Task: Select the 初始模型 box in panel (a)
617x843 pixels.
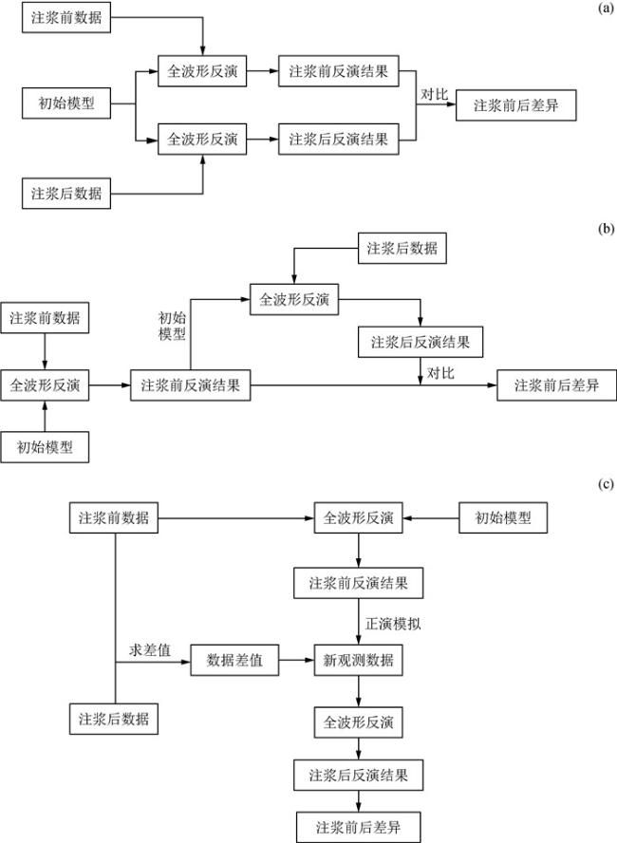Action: pyautogui.click(x=66, y=103)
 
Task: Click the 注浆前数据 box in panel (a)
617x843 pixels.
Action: pyautogui.click(x=66, y=19)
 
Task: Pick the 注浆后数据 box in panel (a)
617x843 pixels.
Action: pyautogui.click(x=66, y=195)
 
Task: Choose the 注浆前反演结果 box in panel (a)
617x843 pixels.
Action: pyautogui.click(x=340, y=71)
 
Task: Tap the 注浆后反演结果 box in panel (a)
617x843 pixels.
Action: pyautogui.click(x=340, y=140)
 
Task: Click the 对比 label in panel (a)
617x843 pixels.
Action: pyautogui.click(x=435, y=94)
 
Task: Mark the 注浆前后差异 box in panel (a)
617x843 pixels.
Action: pyautogui.click(x=515, y=104)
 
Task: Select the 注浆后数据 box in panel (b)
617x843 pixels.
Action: pyautogui.click(x=402, y=249)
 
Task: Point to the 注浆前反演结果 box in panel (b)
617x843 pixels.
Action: pyautogui.click(x=190, y=385)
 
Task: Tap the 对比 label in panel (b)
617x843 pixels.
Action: pyautogui.click(x=440, y=372)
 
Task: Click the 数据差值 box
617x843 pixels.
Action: pyautogui.click(x=234, y=661)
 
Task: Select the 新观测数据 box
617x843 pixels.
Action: pyautogui.click(x=358, y=661)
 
